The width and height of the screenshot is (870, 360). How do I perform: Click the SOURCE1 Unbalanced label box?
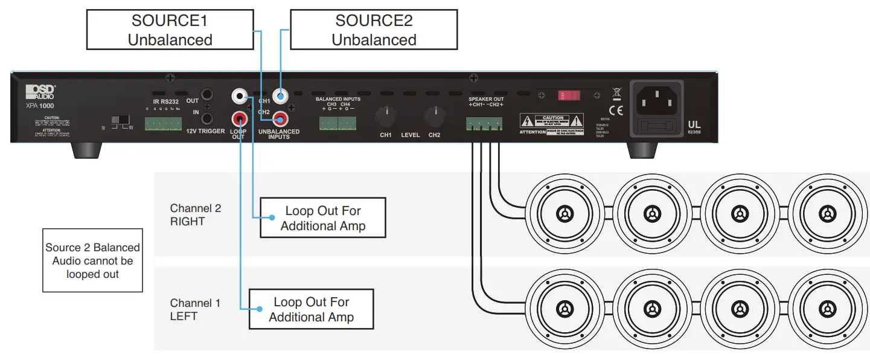point(170,30)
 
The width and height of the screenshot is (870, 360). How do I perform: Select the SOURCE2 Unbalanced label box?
point(374,30)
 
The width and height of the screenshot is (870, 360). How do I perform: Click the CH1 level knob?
point(385,115)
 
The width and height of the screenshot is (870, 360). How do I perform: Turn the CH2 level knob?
point(433,115)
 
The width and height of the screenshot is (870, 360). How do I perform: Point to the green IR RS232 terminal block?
point(163,123)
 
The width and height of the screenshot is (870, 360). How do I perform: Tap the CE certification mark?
point(616,110)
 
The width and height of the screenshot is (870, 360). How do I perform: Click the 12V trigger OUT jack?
point(207,95)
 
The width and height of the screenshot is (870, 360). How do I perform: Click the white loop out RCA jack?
point(240,95)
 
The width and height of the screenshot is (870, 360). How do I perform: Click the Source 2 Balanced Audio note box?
point(92,260)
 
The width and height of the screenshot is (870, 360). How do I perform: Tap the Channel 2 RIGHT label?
point(195,215)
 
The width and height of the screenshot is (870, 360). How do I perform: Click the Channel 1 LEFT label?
point(195,309)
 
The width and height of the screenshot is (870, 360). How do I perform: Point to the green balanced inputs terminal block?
point(338,123)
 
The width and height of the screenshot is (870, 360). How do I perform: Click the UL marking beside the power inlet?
point(694,124)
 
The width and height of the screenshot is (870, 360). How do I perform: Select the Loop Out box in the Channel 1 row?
point(311,309)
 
